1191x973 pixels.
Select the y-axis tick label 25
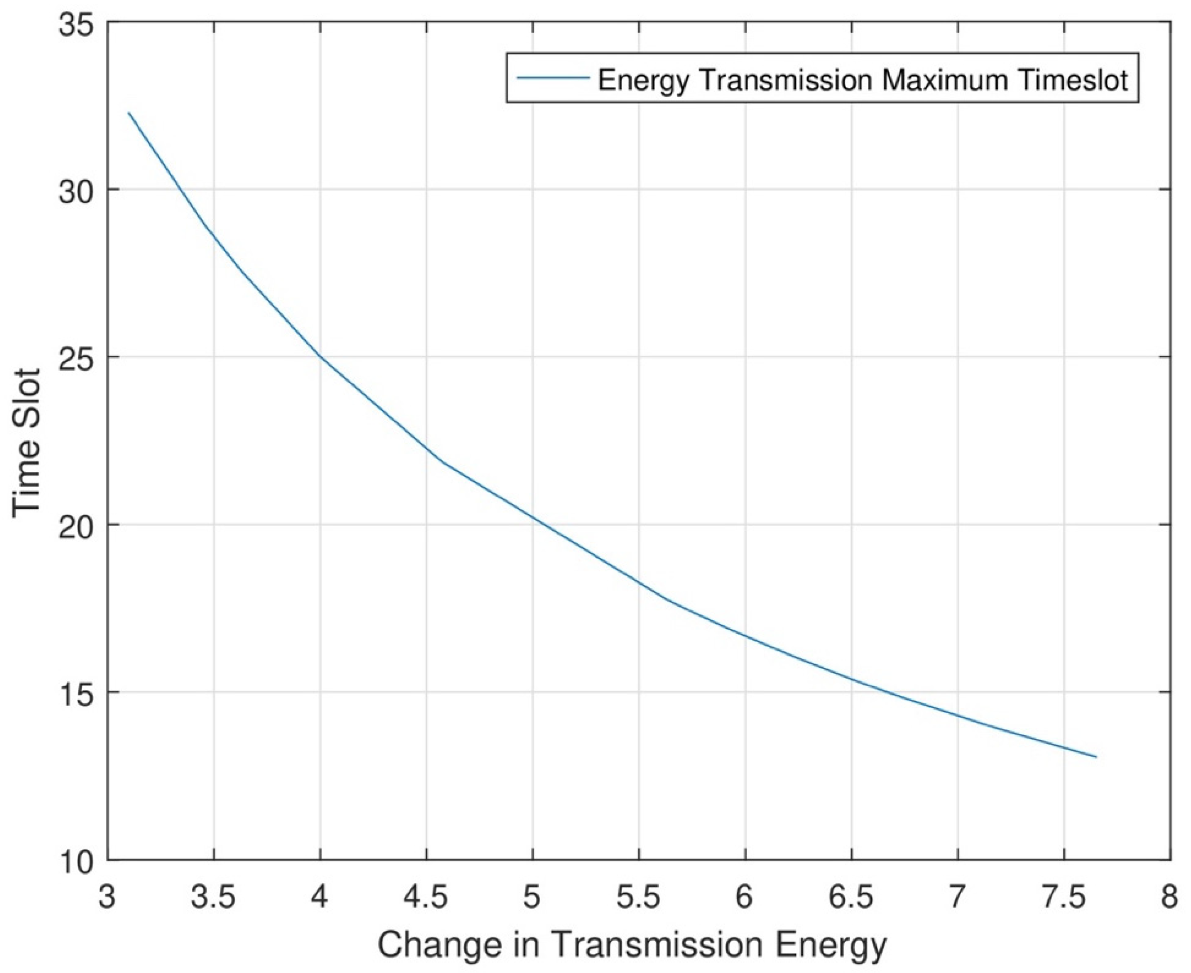[78, 357]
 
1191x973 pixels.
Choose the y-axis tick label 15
[78, 692]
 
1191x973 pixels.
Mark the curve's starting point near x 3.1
[129, 113]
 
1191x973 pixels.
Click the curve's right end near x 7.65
[1096, 757]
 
